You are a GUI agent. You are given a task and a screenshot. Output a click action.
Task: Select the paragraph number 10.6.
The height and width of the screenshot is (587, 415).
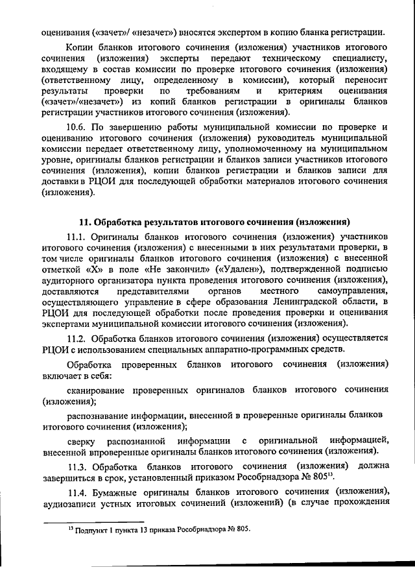(78, 128)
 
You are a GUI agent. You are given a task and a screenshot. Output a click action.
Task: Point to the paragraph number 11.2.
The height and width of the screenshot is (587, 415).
(78, 338)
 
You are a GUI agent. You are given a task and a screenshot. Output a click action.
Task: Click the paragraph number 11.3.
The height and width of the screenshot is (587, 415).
(78, 467)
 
